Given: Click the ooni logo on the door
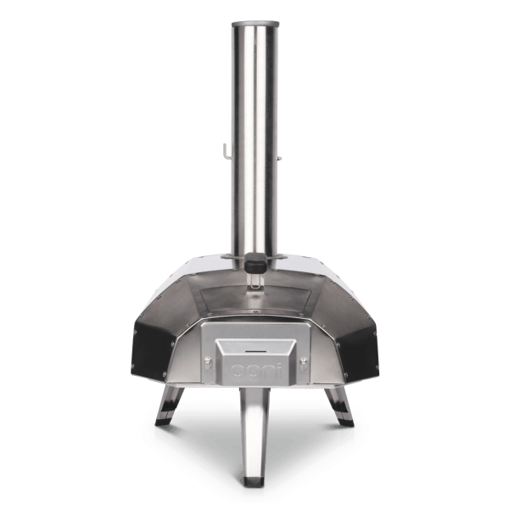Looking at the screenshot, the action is [x=255, y=372].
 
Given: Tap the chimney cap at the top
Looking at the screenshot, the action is [x=255, y=25].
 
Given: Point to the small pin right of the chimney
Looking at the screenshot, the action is [x=279, y=159].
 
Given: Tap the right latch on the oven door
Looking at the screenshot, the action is [x=304, y=364].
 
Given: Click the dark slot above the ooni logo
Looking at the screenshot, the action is [x=255, y=351].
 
